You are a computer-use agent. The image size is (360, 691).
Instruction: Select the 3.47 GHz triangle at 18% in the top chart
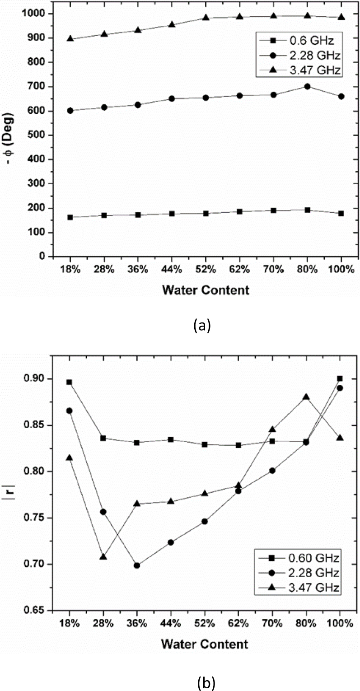click(x=70, y=39)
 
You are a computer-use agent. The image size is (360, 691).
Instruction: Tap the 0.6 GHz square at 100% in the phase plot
click(x=341, y=213)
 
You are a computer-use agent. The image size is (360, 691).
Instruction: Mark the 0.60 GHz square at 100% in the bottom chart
click(x=340, y=378)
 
